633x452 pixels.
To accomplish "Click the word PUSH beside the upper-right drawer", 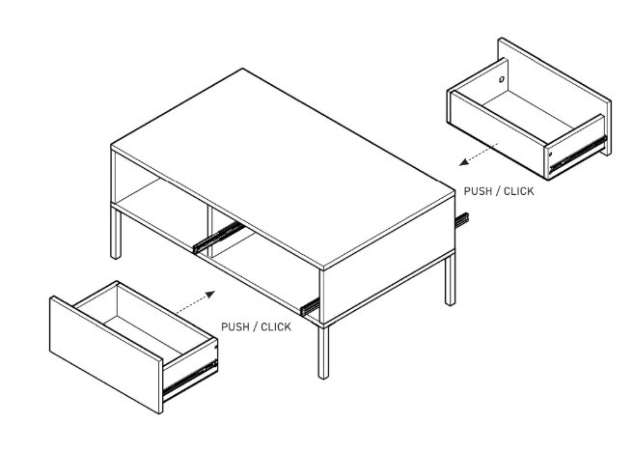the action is point(478,191).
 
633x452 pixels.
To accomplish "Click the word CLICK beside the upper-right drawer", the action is point(519,191).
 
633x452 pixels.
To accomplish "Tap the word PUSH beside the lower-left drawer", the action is point(235,326).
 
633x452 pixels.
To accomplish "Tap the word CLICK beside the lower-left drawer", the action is point(276,326).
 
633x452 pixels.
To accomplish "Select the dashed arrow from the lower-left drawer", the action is point(195,301).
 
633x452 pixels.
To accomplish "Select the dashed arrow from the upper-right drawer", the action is point(479,154).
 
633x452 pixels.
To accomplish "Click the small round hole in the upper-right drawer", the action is point(502,79).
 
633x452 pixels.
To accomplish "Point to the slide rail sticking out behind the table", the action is point(462,220).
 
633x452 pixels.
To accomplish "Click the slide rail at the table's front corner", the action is point(310,306).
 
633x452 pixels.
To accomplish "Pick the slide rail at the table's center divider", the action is point(218,238).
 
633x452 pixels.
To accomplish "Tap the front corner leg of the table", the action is point(323,353).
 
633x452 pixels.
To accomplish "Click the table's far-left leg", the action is point(116,233).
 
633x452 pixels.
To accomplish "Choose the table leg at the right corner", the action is point(450,279).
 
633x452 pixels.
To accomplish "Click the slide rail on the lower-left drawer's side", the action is point(190,378).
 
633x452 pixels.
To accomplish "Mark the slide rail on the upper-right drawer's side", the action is point(578,154).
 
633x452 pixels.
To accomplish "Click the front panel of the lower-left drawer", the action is point(106,355).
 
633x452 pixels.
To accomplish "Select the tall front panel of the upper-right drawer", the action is point(555,97).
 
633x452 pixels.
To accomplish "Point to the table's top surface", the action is point(283,169).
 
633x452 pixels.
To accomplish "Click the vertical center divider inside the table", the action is point(209,230).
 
